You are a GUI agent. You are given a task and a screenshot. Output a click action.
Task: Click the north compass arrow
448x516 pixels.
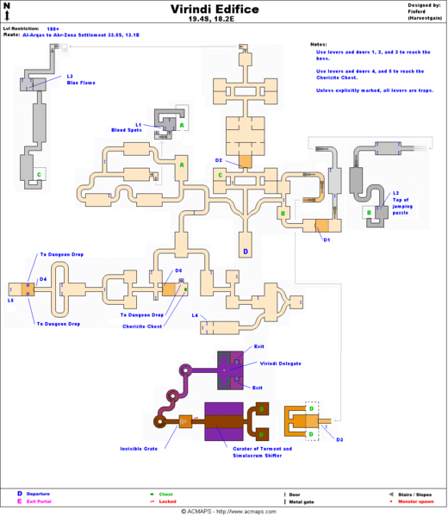click(8, 10)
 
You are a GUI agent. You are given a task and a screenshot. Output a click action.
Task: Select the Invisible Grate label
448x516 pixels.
click(138, 448)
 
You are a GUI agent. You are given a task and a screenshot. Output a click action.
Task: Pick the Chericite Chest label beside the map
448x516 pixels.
click(144, 326)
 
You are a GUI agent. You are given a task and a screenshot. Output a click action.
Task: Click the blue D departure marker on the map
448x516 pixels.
click(245, 252)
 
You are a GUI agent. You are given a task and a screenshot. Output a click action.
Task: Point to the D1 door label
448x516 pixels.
click(327, 239)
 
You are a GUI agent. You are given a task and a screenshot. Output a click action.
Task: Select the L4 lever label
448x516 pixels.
click(195, 315)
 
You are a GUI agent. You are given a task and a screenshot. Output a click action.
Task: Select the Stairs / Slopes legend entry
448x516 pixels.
click(414, 494)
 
